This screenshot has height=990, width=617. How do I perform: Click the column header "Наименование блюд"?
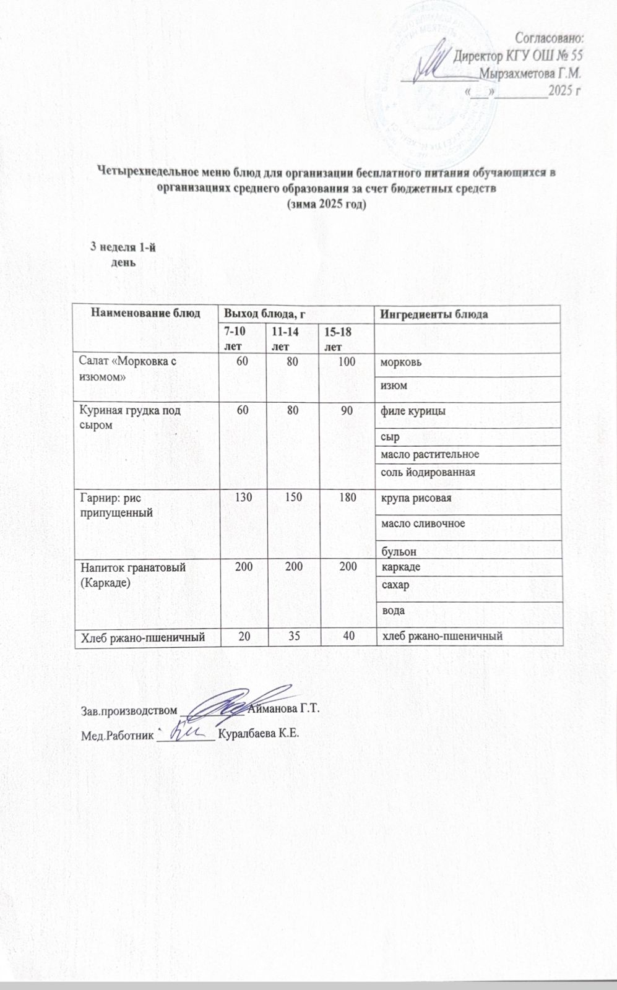pos(146,313)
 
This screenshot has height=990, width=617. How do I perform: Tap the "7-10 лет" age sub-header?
pos(234,338)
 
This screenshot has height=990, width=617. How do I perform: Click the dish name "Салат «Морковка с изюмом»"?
pos(124,369)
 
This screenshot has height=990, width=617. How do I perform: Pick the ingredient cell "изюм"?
pos(393,386)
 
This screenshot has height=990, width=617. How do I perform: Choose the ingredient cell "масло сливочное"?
pos(423,523)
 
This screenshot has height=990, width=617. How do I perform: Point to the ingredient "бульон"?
pos(399,551)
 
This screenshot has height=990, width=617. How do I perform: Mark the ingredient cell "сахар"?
pos(395,585)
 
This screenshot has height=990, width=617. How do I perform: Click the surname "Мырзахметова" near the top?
pos(519,73)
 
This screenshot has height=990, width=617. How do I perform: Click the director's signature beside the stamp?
pos(436,64)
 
